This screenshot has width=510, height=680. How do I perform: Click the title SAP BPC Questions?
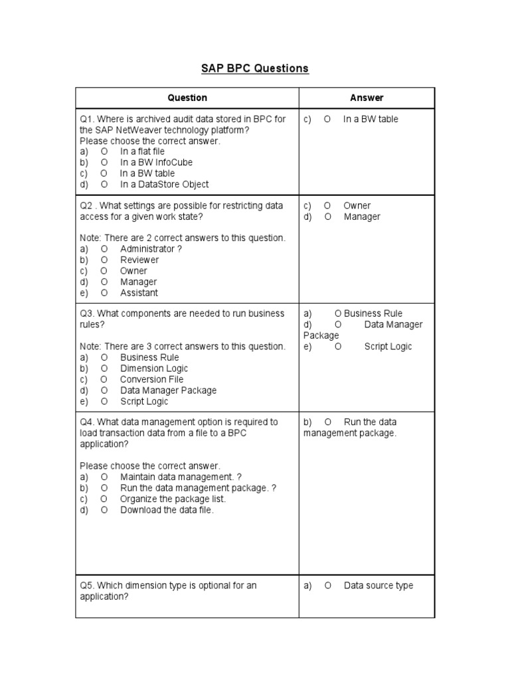(x=255, y=68)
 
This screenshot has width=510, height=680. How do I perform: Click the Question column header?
(x=187, y=98)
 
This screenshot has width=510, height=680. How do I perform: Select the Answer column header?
(x=367, y=98)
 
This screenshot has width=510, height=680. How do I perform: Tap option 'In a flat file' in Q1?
(x=142, y=151)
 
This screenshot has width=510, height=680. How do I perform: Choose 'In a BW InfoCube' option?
(x=156, y=162)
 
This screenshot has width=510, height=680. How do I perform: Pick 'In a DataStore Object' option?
(x=164, y=184)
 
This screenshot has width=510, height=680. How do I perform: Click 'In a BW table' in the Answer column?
(x=371, y=119)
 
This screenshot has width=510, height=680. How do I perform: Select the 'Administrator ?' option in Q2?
(x=151, y=249)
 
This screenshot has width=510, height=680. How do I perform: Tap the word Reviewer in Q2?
(x=139, y=260)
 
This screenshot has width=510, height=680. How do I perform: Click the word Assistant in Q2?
(x=139, y=293)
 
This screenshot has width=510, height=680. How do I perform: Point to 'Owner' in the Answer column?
(x=357, y=206)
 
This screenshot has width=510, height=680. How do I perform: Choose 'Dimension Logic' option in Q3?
(x=154, y=369)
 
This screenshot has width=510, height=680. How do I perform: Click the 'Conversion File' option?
(x=151, y=379)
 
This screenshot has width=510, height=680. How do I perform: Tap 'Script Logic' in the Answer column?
(x=388, y=347)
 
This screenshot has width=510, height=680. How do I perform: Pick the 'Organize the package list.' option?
(x=173, y=499)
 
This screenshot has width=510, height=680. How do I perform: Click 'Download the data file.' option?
(x=167, y=510)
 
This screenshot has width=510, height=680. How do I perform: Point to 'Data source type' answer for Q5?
(x=378, y=586)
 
